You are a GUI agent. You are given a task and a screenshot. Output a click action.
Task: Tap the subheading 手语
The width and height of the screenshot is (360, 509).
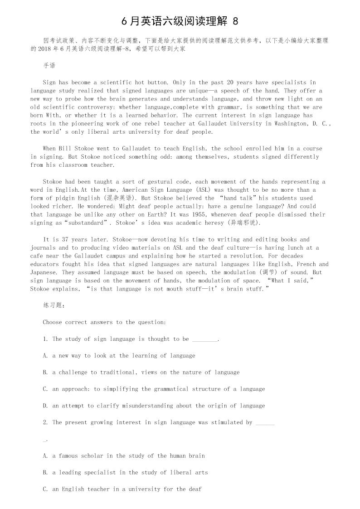pyautogui.click(x=49, y=66)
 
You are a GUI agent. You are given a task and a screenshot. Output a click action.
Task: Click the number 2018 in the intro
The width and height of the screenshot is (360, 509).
pyautogui.click(x=46, y=48)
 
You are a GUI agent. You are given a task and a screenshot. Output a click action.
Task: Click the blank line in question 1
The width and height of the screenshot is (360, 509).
pyautogui.click(x=205, y=339)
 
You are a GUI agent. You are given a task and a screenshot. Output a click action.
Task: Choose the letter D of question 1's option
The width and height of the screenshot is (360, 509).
pyautogui.click(x=45, y=406)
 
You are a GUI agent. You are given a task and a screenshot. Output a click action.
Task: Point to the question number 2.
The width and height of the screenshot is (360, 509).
pyautogui.click(x=45, y=422)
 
